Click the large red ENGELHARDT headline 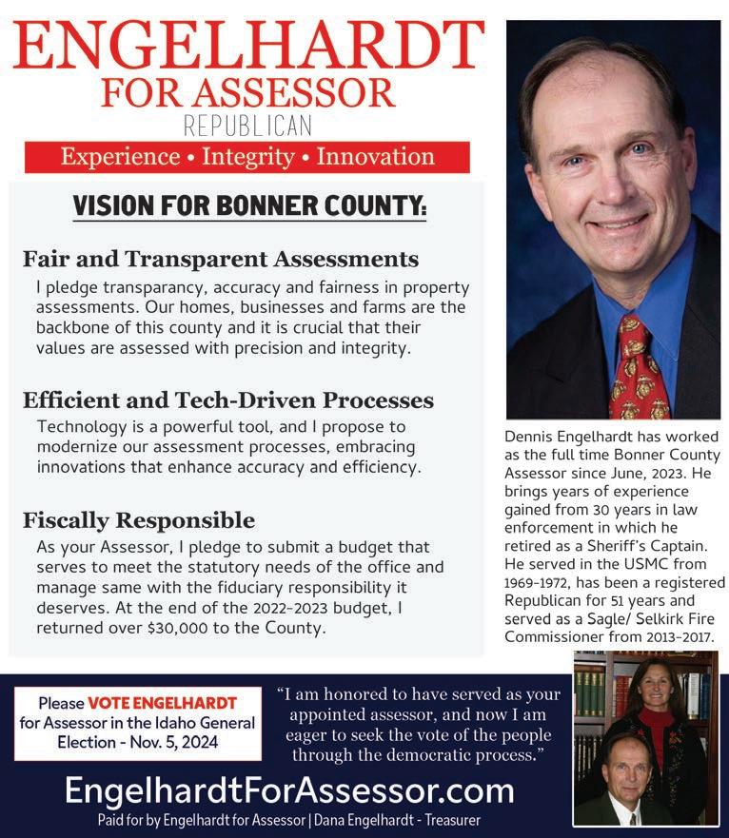pyautogui.click(x=249, y=43)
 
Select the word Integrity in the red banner pyautogui.click(x=248, y=157)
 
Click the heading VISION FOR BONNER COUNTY pyautogui.click(x=249, y=205)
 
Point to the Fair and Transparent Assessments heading pyautogui.click(x=221, y=259)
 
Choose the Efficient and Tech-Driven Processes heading pyautogui.click(x=228, y=400)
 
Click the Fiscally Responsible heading pyautogui.click(x=139, y=520)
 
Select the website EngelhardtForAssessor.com pyautogui.click(x=288, y=790)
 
